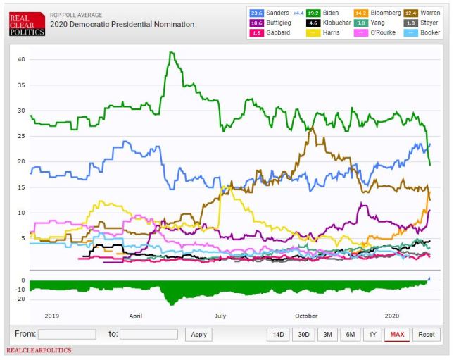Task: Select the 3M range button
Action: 327,334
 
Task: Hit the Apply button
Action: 198,334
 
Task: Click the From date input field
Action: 67,334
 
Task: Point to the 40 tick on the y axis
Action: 21,59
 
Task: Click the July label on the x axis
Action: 220,316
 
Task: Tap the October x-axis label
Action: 306,316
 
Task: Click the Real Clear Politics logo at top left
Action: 24,23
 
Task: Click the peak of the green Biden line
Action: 170,52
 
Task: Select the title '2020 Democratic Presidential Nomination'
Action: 122,24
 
